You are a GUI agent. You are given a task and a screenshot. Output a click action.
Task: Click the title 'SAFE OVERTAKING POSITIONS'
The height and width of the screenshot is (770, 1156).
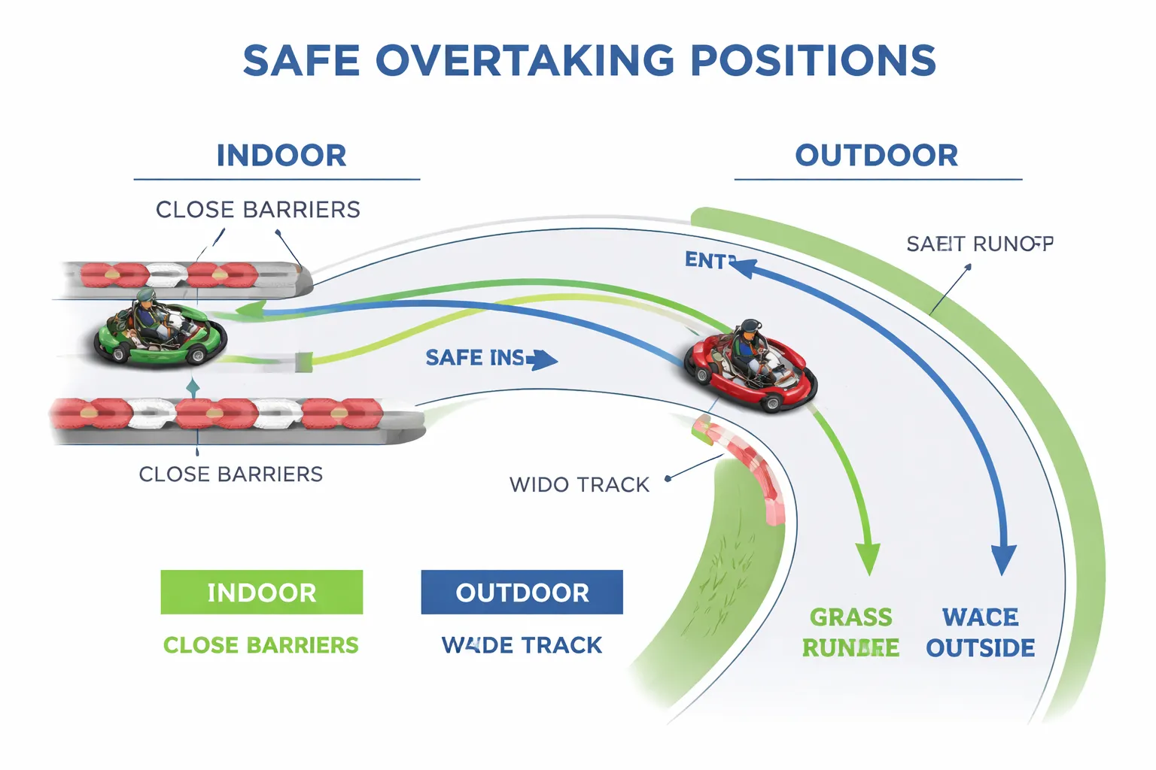point(589,61)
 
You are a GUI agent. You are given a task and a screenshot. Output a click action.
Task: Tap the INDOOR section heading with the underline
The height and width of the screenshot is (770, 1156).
point(281,156)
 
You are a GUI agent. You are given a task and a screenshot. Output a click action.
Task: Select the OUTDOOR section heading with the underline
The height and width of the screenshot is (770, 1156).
point(877,156)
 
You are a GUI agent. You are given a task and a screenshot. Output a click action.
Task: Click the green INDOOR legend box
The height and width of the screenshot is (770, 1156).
point(262,593)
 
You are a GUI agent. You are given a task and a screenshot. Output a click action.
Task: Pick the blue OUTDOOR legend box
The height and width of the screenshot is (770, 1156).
point(522,593)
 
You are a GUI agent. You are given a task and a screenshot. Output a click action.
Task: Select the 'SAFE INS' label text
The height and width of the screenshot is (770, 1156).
point(476,358)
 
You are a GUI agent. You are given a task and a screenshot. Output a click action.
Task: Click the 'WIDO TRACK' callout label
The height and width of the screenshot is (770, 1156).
point(580,485)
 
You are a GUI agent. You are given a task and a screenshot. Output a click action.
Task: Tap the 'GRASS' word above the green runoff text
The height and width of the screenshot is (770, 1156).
point(851,617)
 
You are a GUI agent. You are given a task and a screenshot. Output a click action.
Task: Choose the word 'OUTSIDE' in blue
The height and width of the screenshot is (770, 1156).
point(980,648)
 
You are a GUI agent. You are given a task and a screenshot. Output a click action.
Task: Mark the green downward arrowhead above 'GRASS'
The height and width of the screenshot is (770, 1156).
point(869,559)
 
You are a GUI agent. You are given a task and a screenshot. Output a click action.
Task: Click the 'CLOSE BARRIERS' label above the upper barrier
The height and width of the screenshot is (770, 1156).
point(258,210)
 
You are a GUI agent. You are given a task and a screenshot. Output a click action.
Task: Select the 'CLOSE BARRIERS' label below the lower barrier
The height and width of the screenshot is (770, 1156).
point(231,474)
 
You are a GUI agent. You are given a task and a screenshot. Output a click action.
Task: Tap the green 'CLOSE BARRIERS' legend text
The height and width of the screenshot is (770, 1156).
point(261,645)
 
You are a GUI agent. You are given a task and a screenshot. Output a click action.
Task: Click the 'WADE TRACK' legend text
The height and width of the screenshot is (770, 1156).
point(522,645)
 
